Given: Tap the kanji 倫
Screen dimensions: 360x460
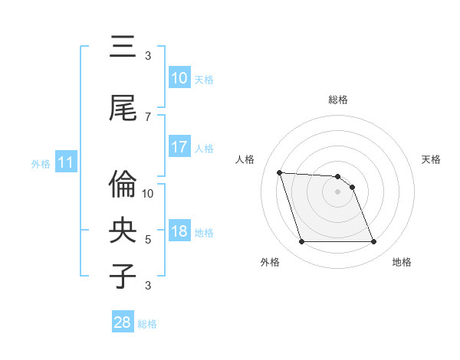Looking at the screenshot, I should pyautogui.click(x=123, y=184).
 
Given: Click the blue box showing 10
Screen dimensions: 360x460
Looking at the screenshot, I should pyautogui.click(x=179, y=78).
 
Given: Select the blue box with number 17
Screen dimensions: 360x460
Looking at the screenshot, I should pyautogui.click(x=179, y=147).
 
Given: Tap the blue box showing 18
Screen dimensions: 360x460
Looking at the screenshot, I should pyautogui.click(x=179, y=232).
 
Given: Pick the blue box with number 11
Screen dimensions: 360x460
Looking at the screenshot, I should pyautogui.click(x=65, y=162).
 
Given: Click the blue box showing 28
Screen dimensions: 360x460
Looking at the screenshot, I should pyautogui.click(x=123, y=323).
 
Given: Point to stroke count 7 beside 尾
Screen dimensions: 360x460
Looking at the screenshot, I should pyautogui.click(x=148, y=117).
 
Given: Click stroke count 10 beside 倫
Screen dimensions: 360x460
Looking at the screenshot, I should pyautogui.click(x=148, y=194).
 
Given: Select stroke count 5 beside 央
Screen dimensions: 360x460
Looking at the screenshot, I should pyautogui.click(x=148, y=240).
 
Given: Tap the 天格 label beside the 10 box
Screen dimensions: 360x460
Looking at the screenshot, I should pyautogui.click(x=204, y=79).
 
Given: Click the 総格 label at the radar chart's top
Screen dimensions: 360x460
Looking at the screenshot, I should pyautogui.click(x=338, y=100).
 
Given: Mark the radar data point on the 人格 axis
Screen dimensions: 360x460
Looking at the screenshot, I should pyautogui.click(x=279, y=172).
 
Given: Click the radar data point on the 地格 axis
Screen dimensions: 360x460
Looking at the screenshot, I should pyautogui.click(x=374, y=242).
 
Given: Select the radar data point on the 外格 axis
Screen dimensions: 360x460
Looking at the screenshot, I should pyautogui.click(x=301, y=242).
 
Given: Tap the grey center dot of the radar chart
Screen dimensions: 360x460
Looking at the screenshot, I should pyautogui.click(x=338, y=191).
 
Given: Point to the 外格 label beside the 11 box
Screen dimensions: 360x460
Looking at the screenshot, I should pyautogui.click(x=41, y=163).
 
